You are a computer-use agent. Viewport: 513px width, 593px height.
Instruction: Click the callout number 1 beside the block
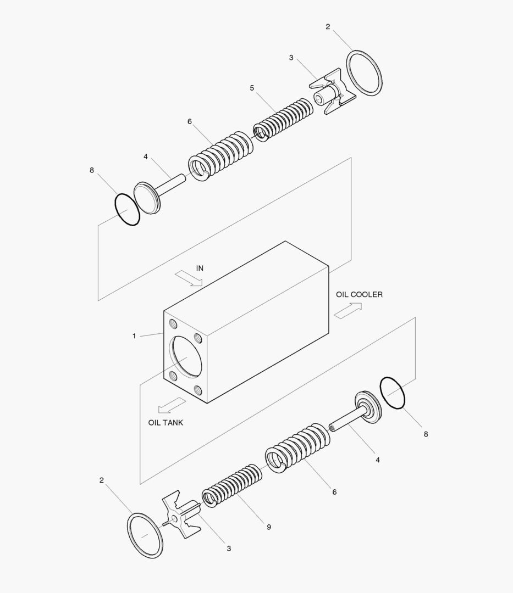point(134,336)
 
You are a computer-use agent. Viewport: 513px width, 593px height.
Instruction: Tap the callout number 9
point(269,527)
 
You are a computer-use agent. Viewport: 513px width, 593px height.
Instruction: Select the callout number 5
point(252,88)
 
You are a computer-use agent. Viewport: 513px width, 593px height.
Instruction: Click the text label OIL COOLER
point(359,295)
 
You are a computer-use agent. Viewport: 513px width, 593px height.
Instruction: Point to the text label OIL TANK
point(166,423)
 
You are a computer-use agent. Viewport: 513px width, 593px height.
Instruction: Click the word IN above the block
point(200,268)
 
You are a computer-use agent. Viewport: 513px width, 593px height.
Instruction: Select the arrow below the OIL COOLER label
point(347,310)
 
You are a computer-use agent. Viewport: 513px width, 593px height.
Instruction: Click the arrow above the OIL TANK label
point(172,405)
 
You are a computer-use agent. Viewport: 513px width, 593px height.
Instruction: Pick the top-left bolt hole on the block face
point(173,323)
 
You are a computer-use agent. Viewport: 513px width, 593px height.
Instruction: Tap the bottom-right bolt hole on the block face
point(199,391)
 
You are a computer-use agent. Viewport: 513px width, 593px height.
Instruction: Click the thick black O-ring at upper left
point(127,209)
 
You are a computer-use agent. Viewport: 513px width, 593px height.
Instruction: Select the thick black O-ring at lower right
point(392,393)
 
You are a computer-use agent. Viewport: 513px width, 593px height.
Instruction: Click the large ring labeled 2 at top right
point(365,74)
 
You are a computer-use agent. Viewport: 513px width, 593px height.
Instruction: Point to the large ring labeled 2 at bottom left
point(146,535)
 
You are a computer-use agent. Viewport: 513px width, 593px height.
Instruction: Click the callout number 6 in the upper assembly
point(190,121)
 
